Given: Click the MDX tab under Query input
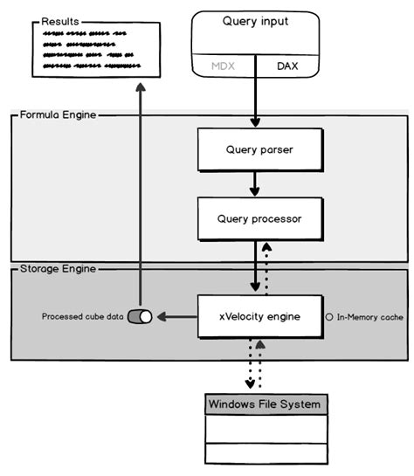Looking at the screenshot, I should coord(223,66).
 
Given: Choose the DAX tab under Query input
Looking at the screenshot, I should coord(287,66).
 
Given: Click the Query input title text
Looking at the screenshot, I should coord(254,22).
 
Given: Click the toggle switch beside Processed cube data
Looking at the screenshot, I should coord(140,316).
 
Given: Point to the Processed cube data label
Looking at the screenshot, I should coord(82,316).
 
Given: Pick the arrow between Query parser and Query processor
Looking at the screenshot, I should coord(255,183).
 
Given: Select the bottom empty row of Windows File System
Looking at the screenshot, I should coord(266,453).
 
